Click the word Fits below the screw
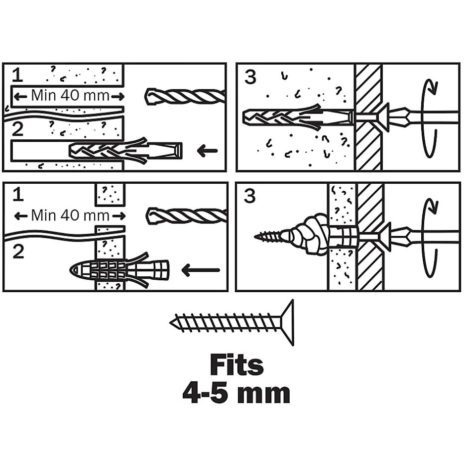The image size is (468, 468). point(236,366)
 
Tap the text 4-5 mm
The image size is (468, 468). point(236,394)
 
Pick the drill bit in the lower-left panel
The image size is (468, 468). point(187,216)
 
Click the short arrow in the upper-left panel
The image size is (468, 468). point(207,150)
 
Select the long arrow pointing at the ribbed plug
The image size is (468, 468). point(200,270)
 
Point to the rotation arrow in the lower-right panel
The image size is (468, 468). point(428,238)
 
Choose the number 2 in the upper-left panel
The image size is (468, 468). point(17,130)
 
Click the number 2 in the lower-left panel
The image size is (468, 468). point(18,251)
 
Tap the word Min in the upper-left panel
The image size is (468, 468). point(43,95)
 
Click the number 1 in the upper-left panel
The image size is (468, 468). point(17,75)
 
